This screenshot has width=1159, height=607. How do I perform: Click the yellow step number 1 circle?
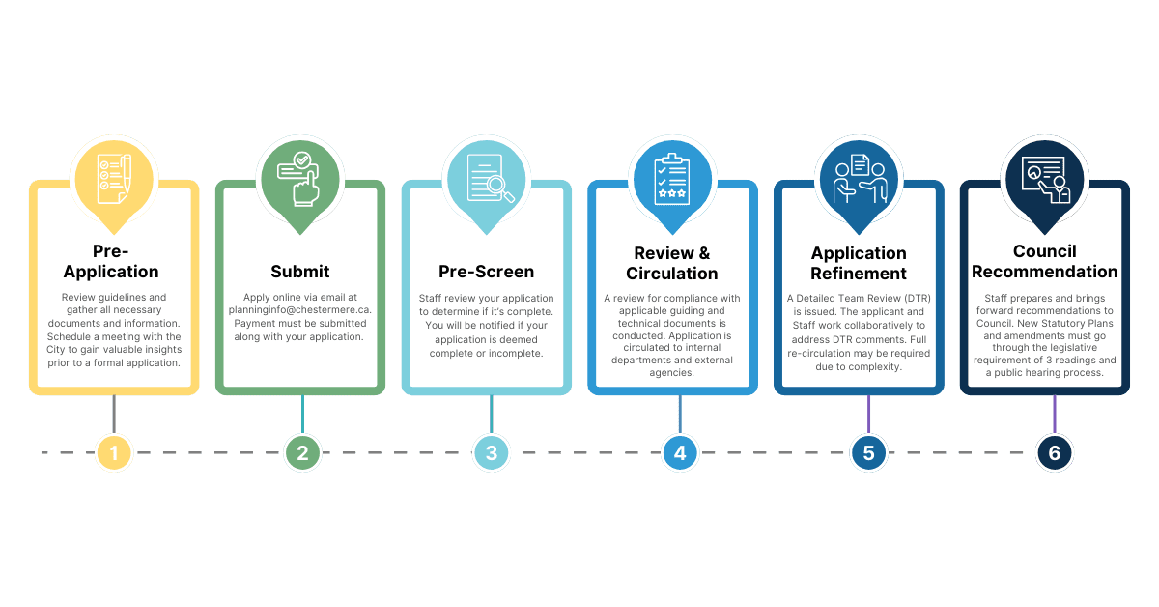[x=114, y=452]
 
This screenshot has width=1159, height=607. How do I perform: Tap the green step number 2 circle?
[x=302, y=452]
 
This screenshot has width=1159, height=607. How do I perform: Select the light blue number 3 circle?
[x=491, y=452]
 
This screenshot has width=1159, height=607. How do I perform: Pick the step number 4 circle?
[x=680, y=452]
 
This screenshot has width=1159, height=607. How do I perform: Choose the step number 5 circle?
[x=868, y=452]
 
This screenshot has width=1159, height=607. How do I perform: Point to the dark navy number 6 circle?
[x=1054, y=452]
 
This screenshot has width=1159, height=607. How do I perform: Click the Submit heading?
[x=300, y=272]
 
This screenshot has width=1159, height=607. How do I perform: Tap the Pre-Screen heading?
[x=486, y=272]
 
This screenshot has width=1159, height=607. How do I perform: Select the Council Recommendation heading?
[x=1045, y=262]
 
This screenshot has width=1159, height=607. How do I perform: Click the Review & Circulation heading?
[x=672, y=263]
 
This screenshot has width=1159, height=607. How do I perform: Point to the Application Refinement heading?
[x=859, y=263]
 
